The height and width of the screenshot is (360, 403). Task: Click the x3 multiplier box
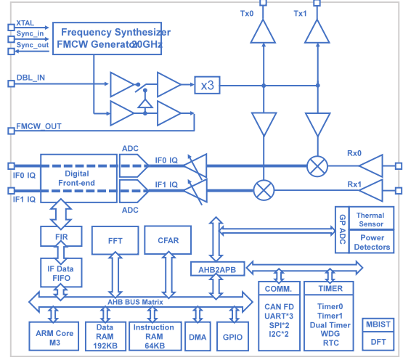pyautogui.click(x=207, y=86)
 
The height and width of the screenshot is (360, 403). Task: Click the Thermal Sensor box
pyautogui.click(x=371, y=220)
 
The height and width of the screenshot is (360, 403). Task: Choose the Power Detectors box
pyautogui.click(x=371, y=242)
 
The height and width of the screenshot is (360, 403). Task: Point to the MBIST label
pyautogui.click(x=378, y=324)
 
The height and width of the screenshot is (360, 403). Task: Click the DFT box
pyautogui.click(x=378, y=342)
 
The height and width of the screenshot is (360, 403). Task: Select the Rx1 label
pyautogui.click(x=354, y=184)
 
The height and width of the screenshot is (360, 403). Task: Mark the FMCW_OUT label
pyautogui.click(x=38, y=126)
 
